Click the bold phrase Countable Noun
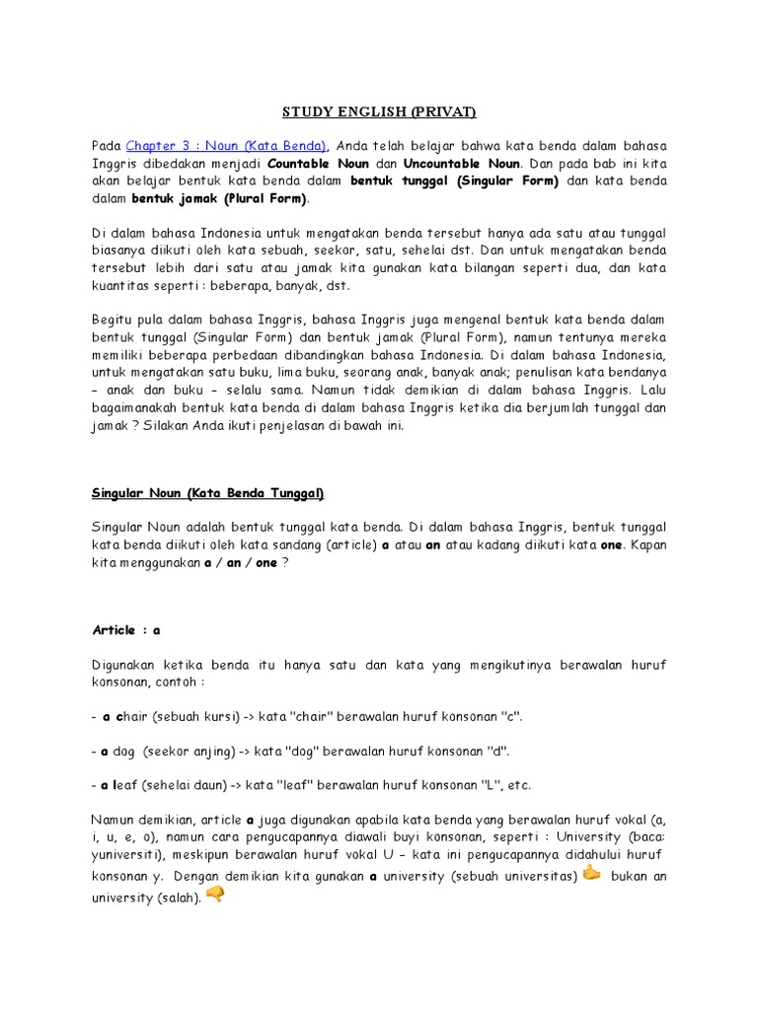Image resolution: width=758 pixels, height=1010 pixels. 316,163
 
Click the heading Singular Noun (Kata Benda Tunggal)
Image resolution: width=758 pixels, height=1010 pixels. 207,492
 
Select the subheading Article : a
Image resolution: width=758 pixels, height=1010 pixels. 126,629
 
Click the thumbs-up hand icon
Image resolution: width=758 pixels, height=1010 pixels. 591,874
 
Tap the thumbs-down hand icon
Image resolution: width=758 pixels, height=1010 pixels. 215,895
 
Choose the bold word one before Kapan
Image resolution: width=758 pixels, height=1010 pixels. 613,544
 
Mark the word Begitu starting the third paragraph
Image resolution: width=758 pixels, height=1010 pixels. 113,321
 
